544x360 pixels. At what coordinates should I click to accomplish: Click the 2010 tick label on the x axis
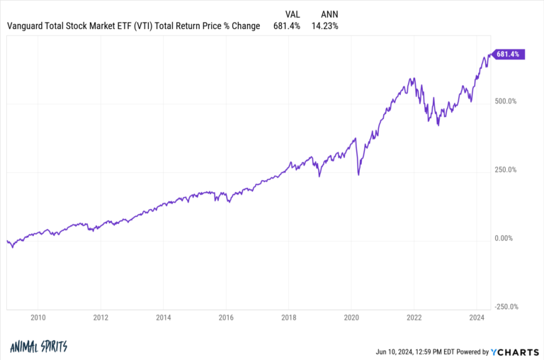pos(38,318)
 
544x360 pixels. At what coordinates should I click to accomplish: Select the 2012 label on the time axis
pos(101,318)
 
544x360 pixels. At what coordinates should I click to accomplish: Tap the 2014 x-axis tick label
pos(163,318)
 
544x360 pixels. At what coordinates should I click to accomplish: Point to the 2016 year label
pos(226,318)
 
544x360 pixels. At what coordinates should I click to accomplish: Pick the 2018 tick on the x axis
pos(289,318)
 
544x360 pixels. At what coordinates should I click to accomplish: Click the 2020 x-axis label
pos(351,318)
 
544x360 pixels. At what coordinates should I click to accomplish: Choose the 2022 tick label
pos(414,318)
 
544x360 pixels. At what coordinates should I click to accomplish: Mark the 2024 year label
pos(477,318)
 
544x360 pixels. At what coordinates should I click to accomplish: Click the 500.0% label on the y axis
pos(506,101)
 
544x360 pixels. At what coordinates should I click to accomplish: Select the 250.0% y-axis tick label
pos(506,170)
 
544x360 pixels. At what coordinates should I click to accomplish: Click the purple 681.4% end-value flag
pos(509,54)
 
